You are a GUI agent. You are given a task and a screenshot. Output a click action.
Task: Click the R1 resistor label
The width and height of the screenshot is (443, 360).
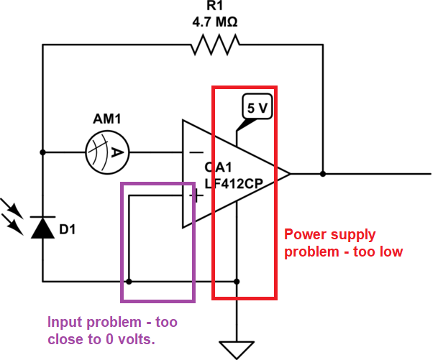click(x=214, y=7)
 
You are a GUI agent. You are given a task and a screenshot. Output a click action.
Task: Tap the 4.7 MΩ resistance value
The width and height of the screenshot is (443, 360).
click(x=214, y=22)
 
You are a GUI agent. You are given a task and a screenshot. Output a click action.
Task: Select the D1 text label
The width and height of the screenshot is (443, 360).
click(x=68, y=230)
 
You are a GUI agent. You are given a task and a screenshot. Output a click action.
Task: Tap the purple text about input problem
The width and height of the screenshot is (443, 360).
click(x=112, y=330)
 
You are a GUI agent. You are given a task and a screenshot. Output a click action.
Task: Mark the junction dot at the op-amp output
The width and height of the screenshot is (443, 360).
click(x=323, y=173)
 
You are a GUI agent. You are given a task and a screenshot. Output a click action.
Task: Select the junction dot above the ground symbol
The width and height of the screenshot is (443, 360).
click(x=237, y=281)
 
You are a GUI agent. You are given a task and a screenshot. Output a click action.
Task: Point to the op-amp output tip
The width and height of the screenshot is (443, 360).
click(x=289, y=173)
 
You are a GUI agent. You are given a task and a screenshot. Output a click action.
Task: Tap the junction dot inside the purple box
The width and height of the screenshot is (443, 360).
click(x=129, y=281)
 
